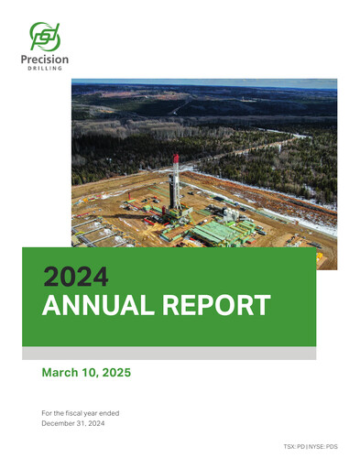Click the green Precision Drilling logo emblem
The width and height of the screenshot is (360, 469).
pos(45,37)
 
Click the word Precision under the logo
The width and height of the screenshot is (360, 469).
pos(45,60)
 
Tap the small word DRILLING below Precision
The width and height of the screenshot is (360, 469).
pos(45,71)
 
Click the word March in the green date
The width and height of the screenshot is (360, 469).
pos(61,373)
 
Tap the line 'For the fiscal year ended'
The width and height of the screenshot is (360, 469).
pos(81,413)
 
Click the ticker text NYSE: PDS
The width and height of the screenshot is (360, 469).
pos(326,443)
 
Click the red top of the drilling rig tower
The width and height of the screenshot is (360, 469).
pos(176,158)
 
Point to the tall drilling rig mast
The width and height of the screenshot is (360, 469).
pos(176,183)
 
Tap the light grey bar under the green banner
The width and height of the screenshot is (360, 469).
pos(169,353)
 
